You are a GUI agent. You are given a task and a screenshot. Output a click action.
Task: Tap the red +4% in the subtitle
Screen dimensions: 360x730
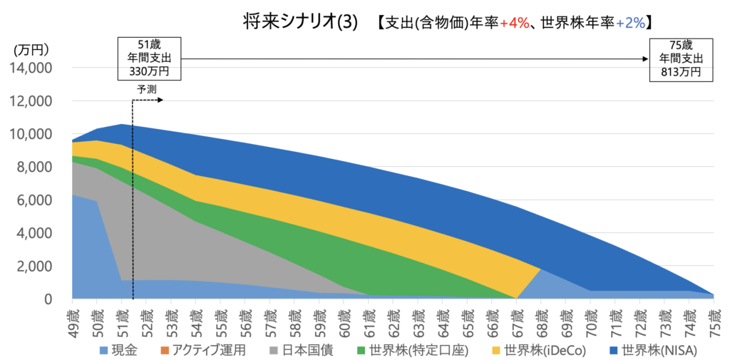(x=514, y=23)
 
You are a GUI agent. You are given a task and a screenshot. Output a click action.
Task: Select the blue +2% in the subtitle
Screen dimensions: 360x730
(x=631, y=23)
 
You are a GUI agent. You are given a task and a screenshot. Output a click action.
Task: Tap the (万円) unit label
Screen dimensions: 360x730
(x=31, y=50)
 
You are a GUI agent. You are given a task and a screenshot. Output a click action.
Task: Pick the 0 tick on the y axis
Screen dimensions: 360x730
(x=48, y=299)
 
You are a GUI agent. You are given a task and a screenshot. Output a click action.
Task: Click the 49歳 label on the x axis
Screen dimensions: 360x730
(x=72, y=317)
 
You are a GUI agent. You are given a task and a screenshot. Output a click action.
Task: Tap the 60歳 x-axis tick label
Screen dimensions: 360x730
(x=344, y=317)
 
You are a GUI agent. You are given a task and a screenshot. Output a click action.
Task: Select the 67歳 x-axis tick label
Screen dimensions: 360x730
(x=516, y=317)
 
